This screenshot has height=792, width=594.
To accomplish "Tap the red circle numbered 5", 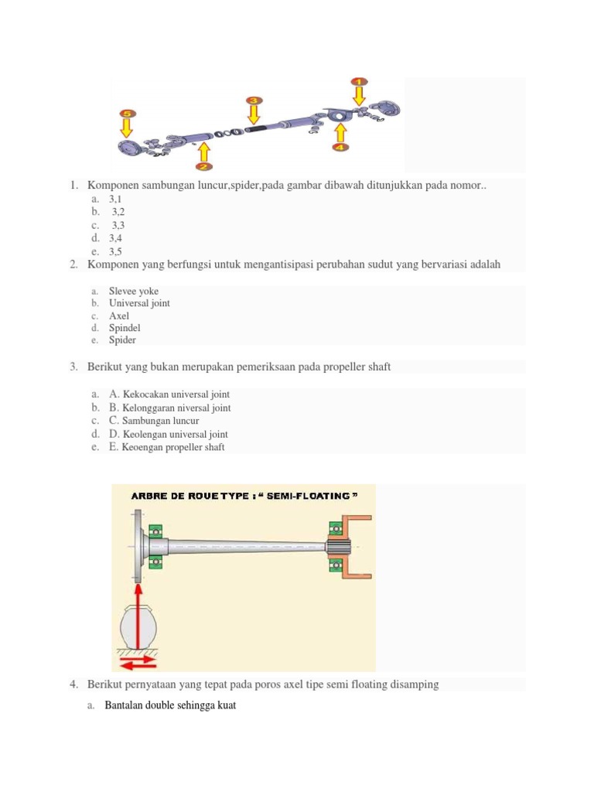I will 127,114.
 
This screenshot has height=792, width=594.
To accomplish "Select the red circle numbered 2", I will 203,166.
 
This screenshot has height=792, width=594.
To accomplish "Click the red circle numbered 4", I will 340,146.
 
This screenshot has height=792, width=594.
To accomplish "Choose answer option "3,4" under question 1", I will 116,238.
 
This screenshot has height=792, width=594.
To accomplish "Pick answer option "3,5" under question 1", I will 116,251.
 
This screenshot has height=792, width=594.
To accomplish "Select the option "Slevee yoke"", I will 134,291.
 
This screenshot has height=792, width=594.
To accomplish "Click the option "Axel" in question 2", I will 119,316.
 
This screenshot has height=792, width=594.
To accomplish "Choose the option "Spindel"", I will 125,328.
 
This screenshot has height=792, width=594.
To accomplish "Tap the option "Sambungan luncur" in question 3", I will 160,421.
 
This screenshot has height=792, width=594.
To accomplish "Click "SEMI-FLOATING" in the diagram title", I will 312,496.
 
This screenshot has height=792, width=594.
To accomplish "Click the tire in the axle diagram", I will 137,624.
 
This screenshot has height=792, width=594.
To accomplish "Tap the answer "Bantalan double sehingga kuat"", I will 170,706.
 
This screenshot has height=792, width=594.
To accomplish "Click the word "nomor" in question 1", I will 465,186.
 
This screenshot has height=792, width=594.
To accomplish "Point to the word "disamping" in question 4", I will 417,684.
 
